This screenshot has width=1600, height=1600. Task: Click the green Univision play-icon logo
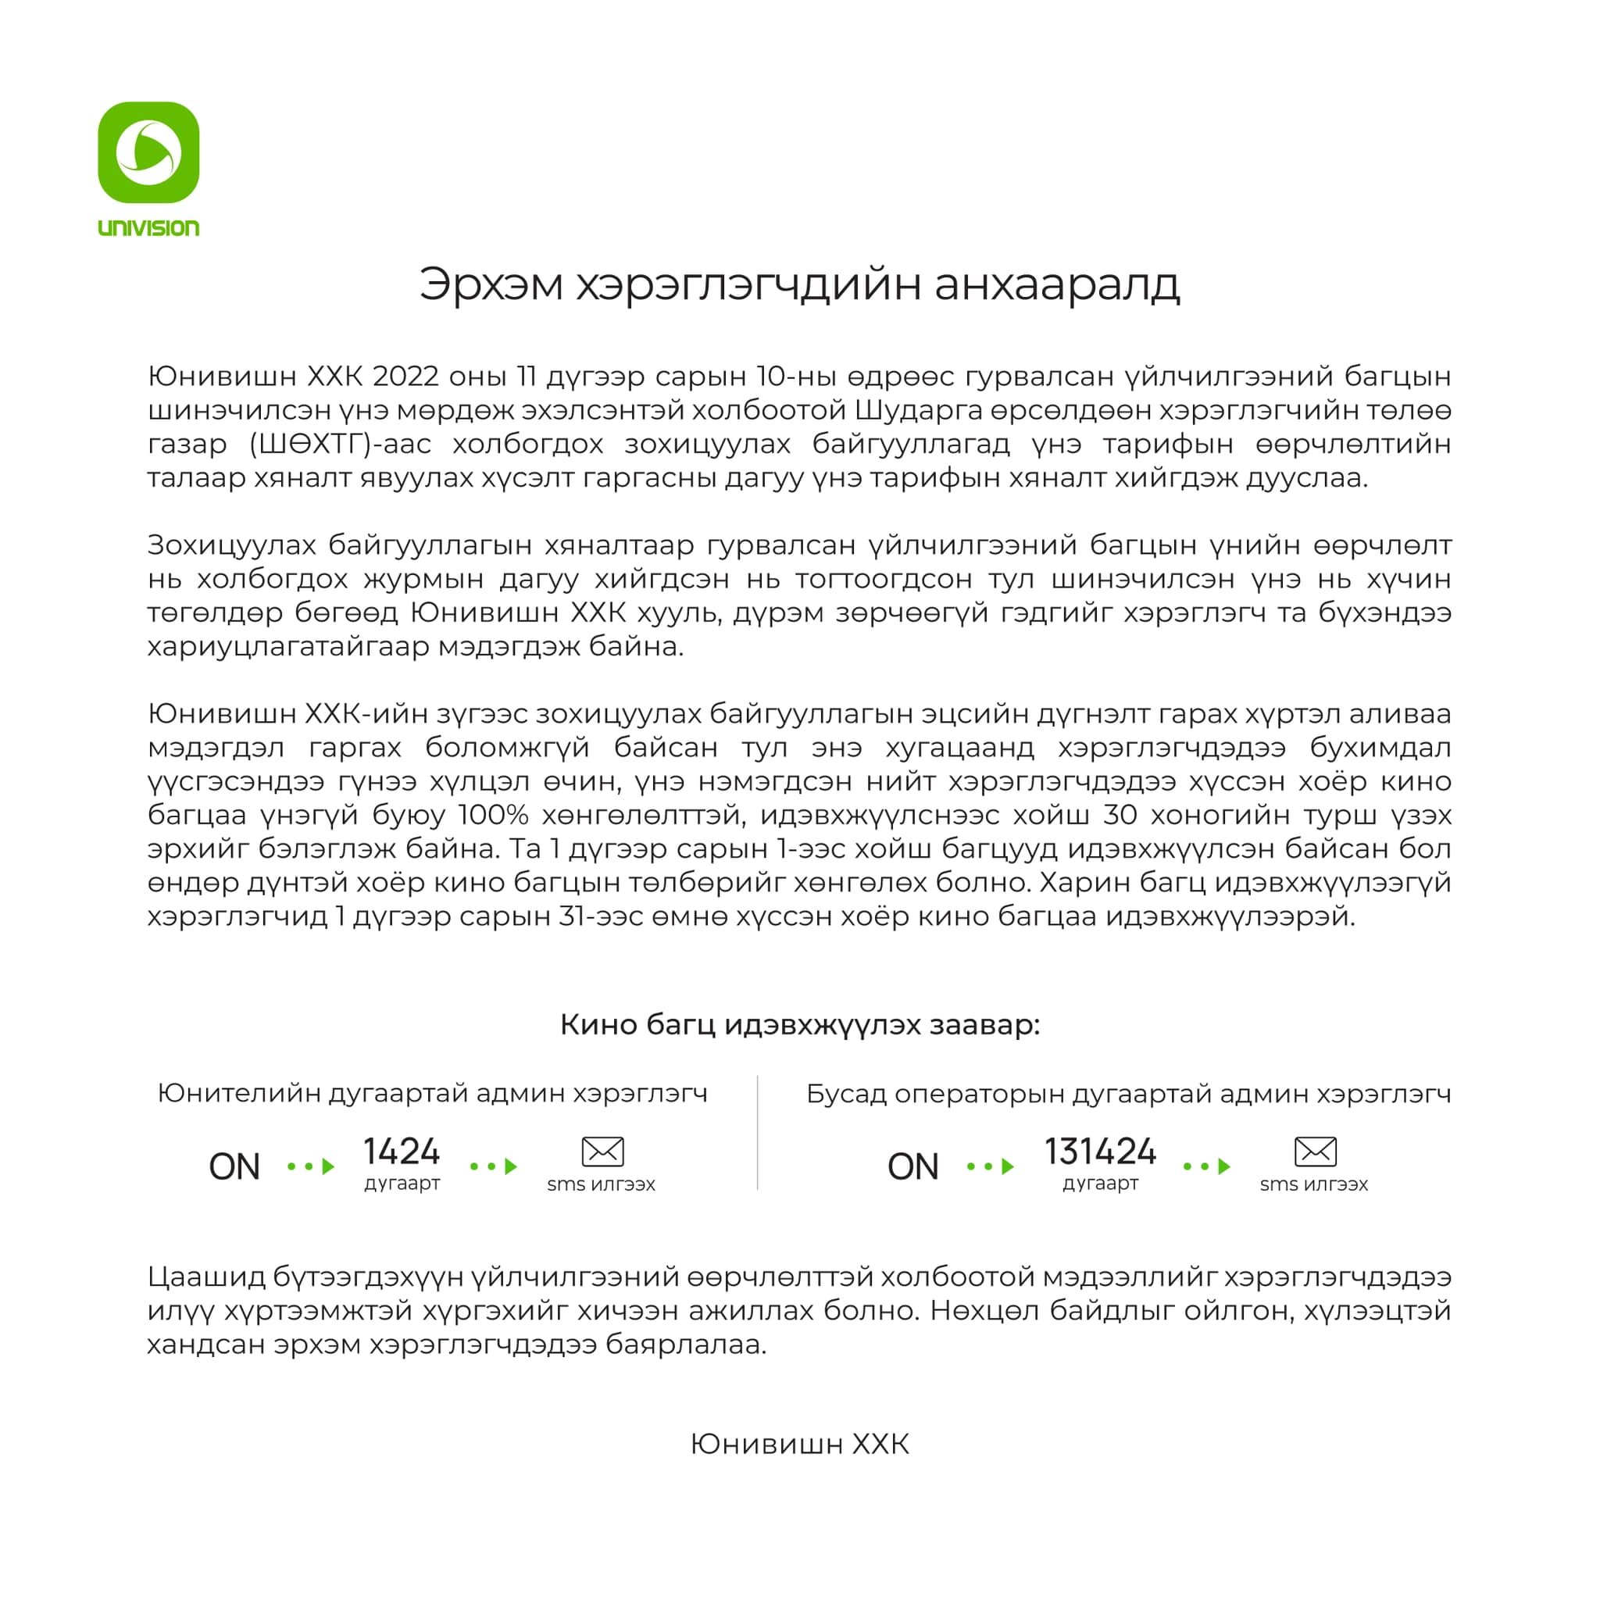coord(149,152)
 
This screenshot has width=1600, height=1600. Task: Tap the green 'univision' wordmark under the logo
coord(149,228)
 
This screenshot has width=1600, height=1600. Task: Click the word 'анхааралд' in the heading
coord(1057,284)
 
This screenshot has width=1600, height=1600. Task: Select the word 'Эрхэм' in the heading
coord(491,284)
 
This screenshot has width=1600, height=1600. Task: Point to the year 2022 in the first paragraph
coord(405,377)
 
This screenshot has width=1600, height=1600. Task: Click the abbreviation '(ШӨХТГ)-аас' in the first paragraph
coord(340,445)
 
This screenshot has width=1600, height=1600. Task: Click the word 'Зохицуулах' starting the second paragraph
coord(232,545)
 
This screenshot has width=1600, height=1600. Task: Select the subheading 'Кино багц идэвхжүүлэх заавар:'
coord(800,1024)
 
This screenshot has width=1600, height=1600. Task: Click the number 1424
coord(402,1151)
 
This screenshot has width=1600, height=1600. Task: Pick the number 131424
coord(1100,1151)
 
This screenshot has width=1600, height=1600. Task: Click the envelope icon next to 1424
coord(602,1151)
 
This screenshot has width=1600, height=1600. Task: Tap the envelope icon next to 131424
coord(1314,1151)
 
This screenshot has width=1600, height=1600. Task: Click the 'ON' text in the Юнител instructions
coord(234,1167)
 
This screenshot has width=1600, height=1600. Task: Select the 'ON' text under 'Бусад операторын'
coord(912,1167)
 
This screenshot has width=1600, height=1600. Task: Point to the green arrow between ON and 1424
coord(312,1167)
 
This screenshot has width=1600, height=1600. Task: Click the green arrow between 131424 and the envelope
coord(1206,1167)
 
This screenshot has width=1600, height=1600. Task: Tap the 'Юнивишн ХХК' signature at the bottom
coord(800,1445)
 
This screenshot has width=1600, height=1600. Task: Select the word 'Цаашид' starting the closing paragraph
coord(207,1277)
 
